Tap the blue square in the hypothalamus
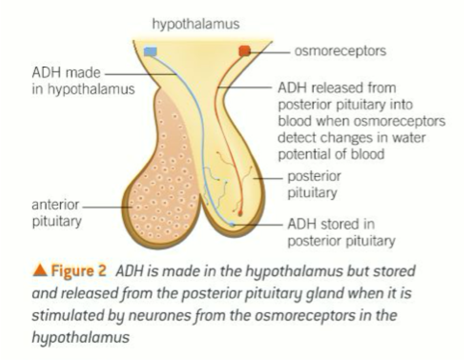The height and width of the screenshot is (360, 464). pos(150,51)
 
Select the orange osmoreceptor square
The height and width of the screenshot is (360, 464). pos(245,51)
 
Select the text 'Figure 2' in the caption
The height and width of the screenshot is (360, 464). pos(77,271)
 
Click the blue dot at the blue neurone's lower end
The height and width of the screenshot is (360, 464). pos(231,224)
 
